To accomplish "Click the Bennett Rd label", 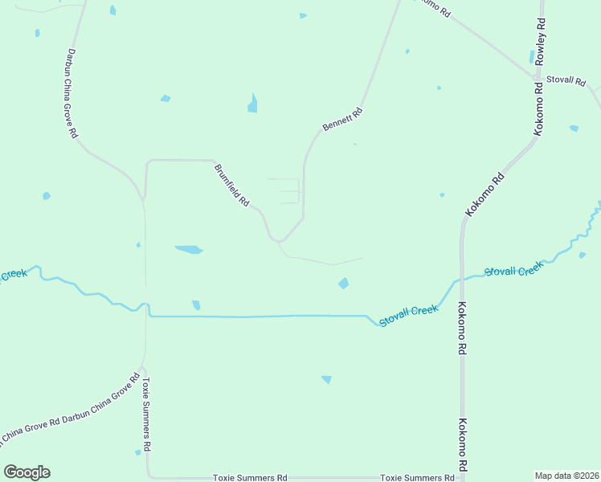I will (x=343, y=120).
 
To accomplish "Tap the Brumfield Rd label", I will (x=231, y=186).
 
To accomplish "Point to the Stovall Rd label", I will (x=566, y=80).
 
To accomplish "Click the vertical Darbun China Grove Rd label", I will (x=71, y=93).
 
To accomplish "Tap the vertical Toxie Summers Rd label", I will (x=147, y=414).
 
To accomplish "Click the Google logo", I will (x=27, y=472).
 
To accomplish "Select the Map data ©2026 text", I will (x=566, y=476).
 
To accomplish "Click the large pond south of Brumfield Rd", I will (x=189, y=250).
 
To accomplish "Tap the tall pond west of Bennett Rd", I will (x=252, y=103).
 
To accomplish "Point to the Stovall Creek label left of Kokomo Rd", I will (x=408, y=315).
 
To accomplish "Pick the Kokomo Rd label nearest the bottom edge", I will (x=463, y=444).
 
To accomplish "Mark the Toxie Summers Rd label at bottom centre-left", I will (x=250, y=477).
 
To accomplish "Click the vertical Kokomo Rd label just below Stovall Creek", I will (x=463, y=328).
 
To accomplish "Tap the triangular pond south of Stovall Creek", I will (x=326, y=379).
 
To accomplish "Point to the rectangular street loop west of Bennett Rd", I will (x=287, y=191).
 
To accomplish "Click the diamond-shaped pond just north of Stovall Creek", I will (x=343, y=283).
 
